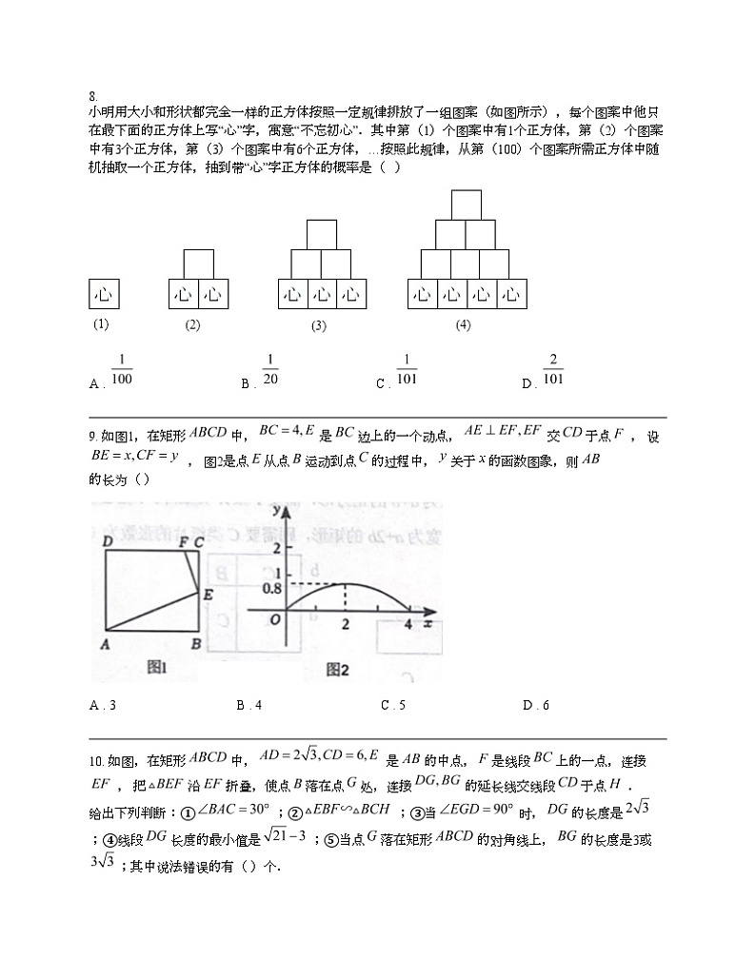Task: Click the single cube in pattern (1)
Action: point(105,294)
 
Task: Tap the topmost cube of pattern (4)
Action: point(466,205)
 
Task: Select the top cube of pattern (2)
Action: point(198,264)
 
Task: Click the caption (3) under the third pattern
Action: point(319,326)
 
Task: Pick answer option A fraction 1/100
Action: point(122,370)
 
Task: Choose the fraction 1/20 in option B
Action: point(270,370)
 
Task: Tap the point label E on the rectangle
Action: point(207,595)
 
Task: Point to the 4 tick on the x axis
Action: point(408,624)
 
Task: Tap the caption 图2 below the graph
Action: point(337,670)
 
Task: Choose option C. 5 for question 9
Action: point(392,705)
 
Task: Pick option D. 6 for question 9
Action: point(535,705)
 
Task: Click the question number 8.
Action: point(92,95)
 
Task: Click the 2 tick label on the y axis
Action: point(277,550)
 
